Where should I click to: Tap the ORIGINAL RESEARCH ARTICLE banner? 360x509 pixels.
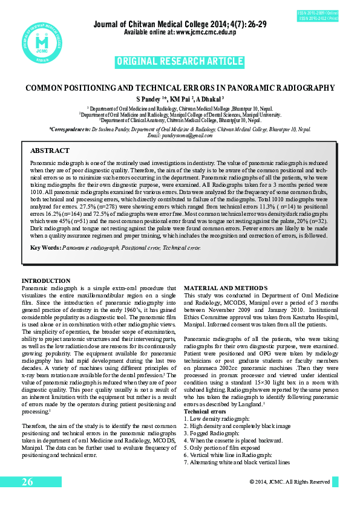179,62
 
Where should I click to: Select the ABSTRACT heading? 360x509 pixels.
50,151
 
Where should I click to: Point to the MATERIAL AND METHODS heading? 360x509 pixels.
218,287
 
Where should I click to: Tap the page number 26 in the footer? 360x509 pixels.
27,482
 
